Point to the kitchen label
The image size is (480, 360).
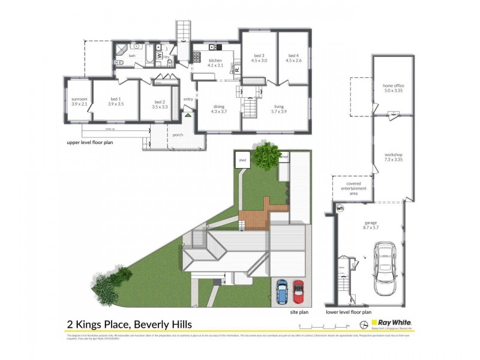click(215, 63)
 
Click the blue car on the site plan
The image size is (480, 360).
click(282, 292)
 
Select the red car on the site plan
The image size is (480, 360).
click(298, 292)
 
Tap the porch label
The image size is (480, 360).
click(178, 135)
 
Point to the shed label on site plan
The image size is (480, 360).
click(242, 160)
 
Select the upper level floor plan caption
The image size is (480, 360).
click(89, 143)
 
